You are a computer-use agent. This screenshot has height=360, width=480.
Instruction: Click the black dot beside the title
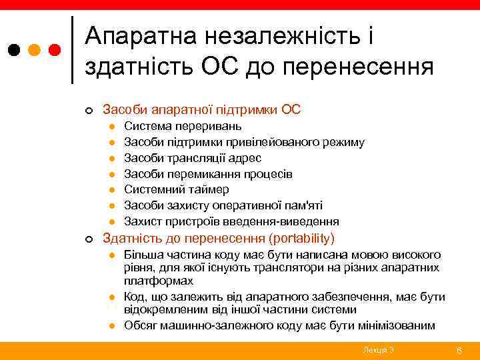click(14, 50)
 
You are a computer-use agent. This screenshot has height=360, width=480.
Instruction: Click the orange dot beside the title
click(35, 50)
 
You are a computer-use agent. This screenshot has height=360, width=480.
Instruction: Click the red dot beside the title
click(55, 50)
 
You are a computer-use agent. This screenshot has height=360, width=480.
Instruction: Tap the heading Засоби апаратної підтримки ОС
click(201, 109)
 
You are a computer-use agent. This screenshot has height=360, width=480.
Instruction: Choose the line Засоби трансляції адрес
click(193, 158)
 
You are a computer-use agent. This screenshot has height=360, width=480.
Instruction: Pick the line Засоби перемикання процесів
click(208, 174)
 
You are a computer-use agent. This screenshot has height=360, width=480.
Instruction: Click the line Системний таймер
click(176, 190)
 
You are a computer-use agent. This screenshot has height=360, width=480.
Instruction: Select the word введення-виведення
click(287, 222)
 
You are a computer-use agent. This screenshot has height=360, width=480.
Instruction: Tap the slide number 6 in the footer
click(459, 350)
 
